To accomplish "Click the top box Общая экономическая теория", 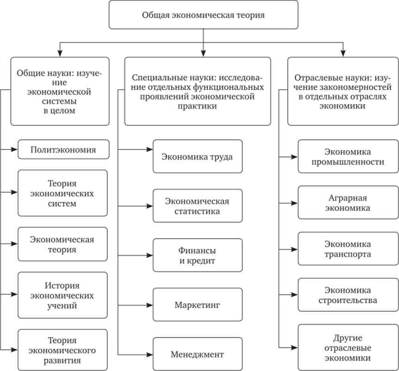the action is [203, 15].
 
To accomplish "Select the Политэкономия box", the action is [64, 150].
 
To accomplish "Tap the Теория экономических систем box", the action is [63, 193].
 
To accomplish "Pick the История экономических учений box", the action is [63, 296].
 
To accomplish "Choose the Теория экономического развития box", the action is [63, 350].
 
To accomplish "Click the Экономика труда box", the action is [198, 157].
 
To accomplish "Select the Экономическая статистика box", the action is [198, 206].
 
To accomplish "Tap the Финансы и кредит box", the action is [198, 255].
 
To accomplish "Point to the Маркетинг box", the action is [198, 305].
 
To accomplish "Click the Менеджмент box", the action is [198, 354].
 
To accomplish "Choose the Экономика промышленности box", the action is [348, 157].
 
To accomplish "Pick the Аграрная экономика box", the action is [348, 202].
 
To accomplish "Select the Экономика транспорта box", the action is [348, 249].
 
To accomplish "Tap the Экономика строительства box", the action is [348, 295].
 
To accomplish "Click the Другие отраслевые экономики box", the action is [348, 347].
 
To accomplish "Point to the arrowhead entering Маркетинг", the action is [149, 305].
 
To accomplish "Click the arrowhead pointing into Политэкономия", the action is [14, 150].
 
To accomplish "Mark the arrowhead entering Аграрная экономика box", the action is [295, 203].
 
